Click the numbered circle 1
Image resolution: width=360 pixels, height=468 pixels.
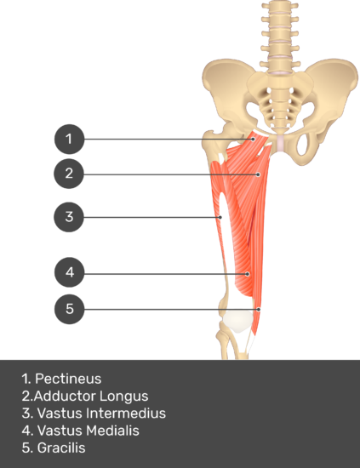tap(69, 139)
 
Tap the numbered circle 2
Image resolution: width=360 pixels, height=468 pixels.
tap(69, 174)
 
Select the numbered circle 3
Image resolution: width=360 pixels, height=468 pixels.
tap(69, 217)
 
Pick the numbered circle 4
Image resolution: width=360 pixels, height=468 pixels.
tap(70, 272)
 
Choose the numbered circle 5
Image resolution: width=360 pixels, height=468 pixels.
tap(70, 309)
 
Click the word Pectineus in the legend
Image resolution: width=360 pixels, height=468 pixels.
tap(68, 379)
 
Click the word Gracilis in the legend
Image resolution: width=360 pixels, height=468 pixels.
tap(61, 448)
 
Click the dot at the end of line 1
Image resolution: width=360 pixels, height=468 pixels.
tap(253, 139)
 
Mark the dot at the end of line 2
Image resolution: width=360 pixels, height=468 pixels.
tap(259, 174)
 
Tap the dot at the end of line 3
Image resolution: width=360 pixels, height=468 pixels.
tap(220, 217)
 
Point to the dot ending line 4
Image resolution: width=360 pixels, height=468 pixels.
tap(248, 274)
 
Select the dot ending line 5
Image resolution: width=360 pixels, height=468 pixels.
tap(259, 310)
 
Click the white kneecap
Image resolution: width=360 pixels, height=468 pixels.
tap(238, 321)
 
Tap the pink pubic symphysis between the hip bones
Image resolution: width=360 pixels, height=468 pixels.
tap(281, 144)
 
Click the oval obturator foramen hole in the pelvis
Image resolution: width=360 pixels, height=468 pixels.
tap(303, 145)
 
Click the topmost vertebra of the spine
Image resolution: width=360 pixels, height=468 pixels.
tap(280, 6)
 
